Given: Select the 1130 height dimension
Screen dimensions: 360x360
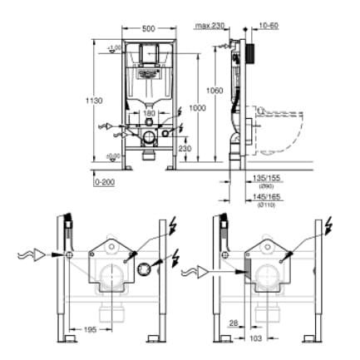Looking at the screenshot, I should click(96, 101).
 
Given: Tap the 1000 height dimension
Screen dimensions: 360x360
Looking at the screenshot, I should click(196, 109).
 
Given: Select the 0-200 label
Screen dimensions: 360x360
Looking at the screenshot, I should click(105, 180).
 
